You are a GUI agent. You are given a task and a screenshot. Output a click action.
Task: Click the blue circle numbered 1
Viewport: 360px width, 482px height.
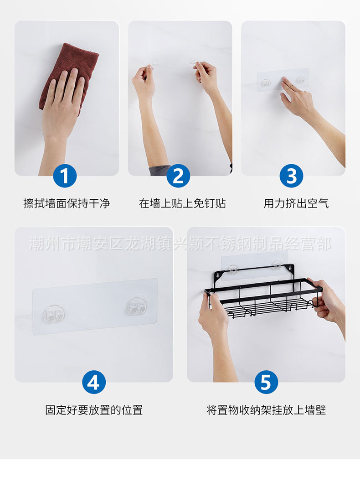pyautogui.click(x=65, y=176)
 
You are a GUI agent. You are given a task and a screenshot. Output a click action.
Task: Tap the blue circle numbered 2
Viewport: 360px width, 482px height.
pyautogui.click(x=178, y=176)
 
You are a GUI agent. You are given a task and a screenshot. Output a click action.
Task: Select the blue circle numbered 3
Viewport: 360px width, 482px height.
pyautogui.click(x=291, y=176)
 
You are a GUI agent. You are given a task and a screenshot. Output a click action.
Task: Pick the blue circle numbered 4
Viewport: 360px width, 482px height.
pyautogui.click(x=94, y=383)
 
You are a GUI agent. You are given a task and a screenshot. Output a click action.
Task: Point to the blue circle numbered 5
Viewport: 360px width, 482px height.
pyautogui.click(x=266, y=383)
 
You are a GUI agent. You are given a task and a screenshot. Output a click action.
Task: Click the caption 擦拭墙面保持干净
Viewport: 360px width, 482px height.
pyautogui.click(x=67, y=203)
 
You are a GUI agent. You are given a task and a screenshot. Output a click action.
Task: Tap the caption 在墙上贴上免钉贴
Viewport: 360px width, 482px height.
pyautogui.click(x=182, y=203)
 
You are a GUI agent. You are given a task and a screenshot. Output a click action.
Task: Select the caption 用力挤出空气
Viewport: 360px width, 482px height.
pyautogui.click(x=296, y=203)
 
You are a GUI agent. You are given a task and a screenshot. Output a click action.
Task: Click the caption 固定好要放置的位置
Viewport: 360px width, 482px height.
pyautogui.click(x=94, y=410)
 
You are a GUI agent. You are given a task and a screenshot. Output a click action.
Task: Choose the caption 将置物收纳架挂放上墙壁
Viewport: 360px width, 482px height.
pyautogui.click(x=266, y=410)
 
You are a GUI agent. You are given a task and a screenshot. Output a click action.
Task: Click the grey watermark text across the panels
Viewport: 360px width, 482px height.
pyautogui.click(x=180, y=244)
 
